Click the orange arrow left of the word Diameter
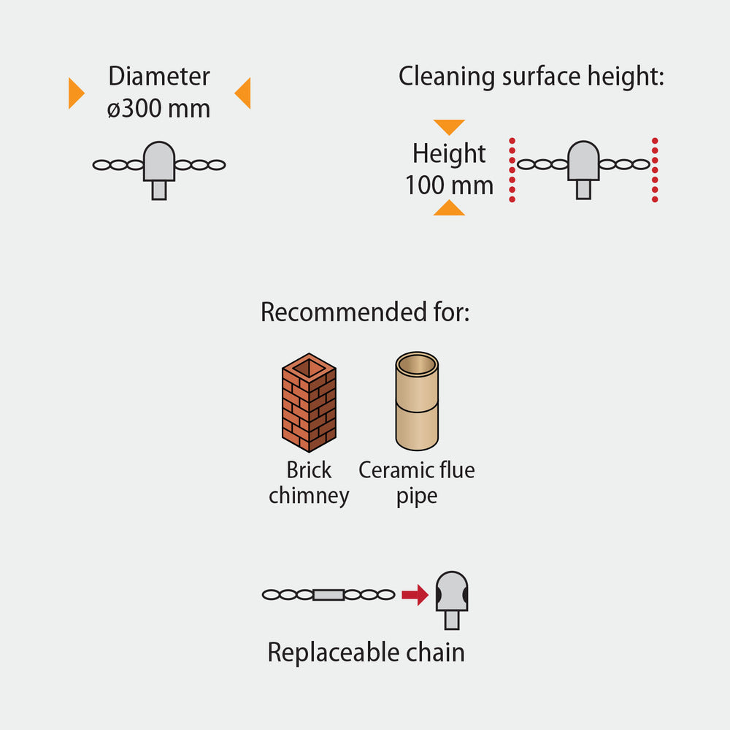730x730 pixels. coord(76,93)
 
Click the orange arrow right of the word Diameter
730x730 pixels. coord(243,93)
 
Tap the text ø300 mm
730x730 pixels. coord(158,109)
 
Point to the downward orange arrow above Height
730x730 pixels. coord(449,126)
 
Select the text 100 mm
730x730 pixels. coord(449,185)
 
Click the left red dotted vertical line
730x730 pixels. coord(512,169)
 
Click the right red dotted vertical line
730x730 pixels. coord(655,169)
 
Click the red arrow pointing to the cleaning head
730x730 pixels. coord(415,595)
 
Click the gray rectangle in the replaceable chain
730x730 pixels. coord(328,595)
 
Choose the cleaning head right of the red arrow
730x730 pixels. coord(452,597)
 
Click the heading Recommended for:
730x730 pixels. coord(364,312)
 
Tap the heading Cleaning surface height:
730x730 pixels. coord(531,76)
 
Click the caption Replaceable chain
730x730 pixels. coord(366,652)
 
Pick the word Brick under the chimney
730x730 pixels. coord(309,470)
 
